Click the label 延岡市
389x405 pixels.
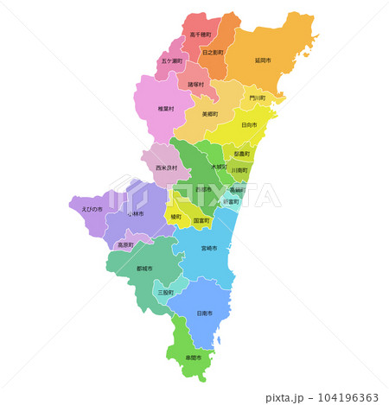click(263, 61)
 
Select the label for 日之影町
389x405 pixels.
click(213, 54)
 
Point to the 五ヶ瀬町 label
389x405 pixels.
click(171, 62)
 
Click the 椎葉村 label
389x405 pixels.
click(166, 110)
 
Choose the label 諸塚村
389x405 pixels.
click(196, 85)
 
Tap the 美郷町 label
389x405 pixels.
click(209, 114)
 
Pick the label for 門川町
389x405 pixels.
click(258, 98)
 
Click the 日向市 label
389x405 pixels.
click(249, 125)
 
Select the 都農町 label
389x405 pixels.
click(242, 154)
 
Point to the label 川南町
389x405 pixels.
click(239, 171)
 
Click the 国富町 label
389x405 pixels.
click(201, 221)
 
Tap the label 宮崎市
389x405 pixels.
click(208, 248)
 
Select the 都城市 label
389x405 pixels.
click(144, 269)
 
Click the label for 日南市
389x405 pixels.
click(205, 313)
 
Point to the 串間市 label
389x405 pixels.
click(193, 358)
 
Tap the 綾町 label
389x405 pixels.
click(176, 217)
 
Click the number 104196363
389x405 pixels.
click(343, 398)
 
